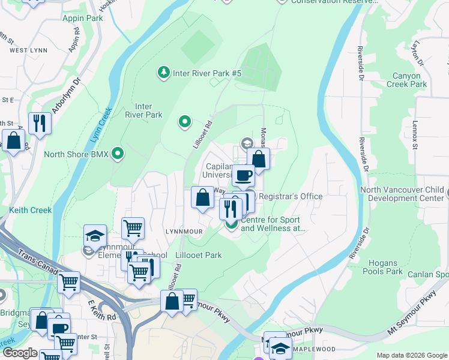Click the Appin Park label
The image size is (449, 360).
(83, 18)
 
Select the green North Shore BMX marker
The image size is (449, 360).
(118, 154)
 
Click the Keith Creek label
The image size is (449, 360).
(30, 210)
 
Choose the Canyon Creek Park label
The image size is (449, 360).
(411, 80)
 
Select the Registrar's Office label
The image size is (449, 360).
(291, 196)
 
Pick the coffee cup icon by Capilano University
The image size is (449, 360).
(243, 175)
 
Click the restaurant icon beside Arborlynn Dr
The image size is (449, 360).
(40, 123)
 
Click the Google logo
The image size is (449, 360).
(19, 353)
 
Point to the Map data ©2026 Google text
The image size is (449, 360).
(411, 355)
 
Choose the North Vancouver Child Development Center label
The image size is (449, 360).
(402, 194)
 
